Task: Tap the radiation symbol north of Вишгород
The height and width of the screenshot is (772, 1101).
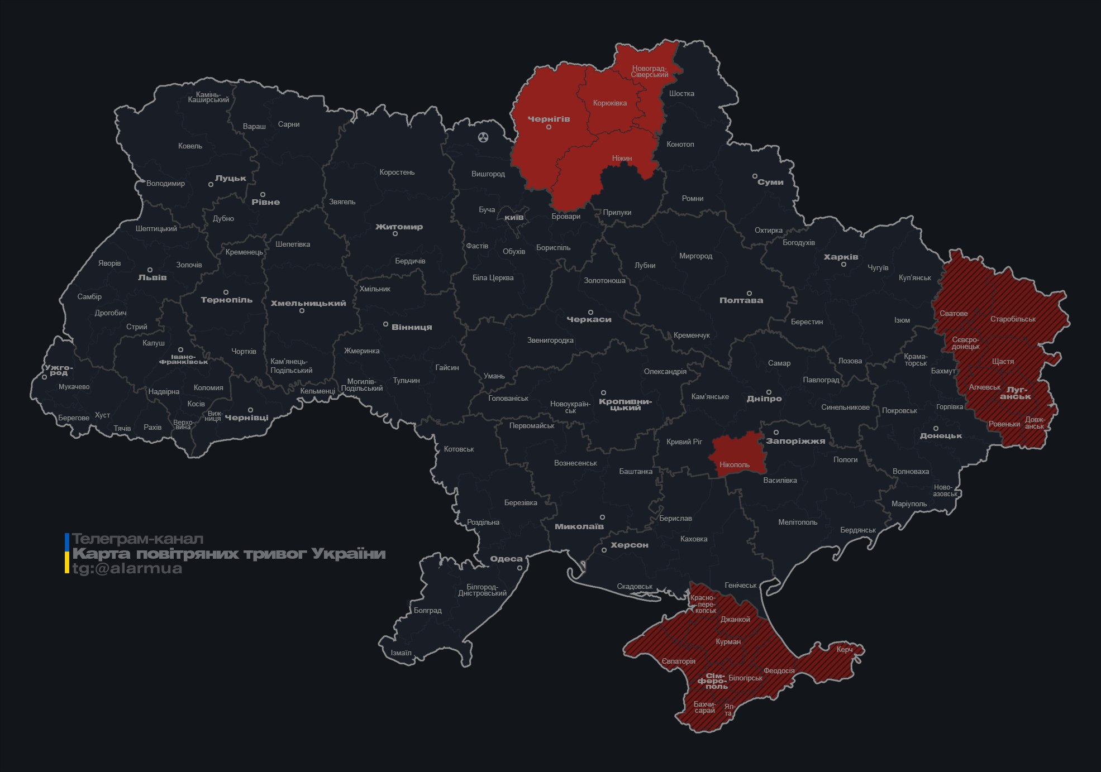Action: (x=483, y=137)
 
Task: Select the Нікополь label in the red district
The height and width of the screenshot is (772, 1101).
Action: (x=735, y=464)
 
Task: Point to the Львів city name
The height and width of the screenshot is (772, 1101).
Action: (x=152, y=277)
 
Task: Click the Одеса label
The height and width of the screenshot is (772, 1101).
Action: (x=506, y=559)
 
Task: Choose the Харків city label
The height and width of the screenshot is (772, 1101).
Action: (x=841, y=257)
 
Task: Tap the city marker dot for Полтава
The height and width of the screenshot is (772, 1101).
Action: (x=749, y=293)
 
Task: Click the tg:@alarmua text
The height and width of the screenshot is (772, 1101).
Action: (x=127, y=569)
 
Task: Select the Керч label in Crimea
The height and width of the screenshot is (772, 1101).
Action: (x=845, y=649)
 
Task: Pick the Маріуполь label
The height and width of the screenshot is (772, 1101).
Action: (x=909, y=504)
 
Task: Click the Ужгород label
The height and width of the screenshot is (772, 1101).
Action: (x=59, y=370)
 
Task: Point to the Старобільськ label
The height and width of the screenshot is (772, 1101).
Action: (x=1013, y=319)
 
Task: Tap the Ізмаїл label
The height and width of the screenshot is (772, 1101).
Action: (x=401, y=653)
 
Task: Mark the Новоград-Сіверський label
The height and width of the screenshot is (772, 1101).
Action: (x=650, y=71)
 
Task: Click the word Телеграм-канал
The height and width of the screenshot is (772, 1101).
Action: (x=137, y=539)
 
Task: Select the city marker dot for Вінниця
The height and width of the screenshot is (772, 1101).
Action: (x=385, y=324)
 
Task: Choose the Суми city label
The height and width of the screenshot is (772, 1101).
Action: (x=770, y=182)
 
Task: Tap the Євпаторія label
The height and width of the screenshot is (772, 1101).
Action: (x=679, y=661)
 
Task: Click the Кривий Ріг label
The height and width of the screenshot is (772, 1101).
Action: (x=684, y=442)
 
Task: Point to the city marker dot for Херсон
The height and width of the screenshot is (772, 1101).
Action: (x=604, y=550)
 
